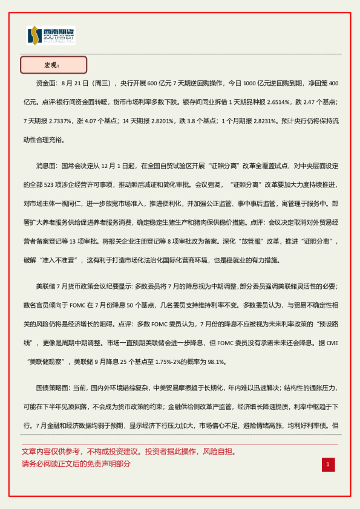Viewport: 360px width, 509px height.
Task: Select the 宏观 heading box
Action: (54, 65)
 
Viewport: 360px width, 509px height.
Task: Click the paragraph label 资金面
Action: (46, 82)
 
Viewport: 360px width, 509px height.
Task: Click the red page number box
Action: (327, 464)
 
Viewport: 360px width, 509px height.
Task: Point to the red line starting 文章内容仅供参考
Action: (128, 452)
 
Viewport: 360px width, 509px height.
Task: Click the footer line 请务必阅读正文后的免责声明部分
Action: (76, 464)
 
